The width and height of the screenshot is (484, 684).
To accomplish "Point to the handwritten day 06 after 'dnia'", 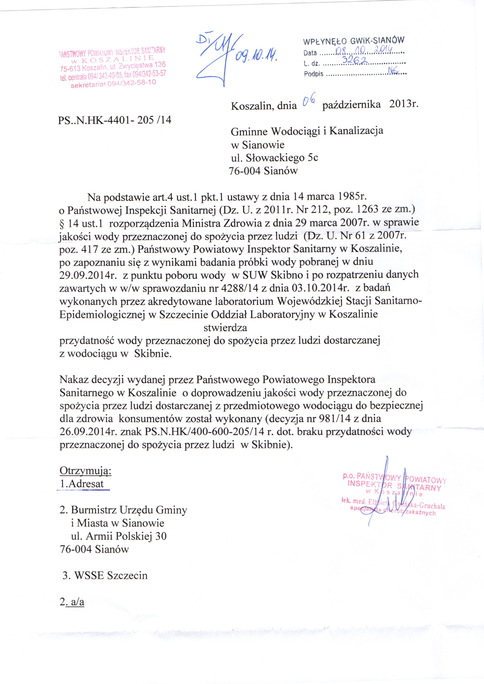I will pyautogui.click(x=307, y=102).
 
